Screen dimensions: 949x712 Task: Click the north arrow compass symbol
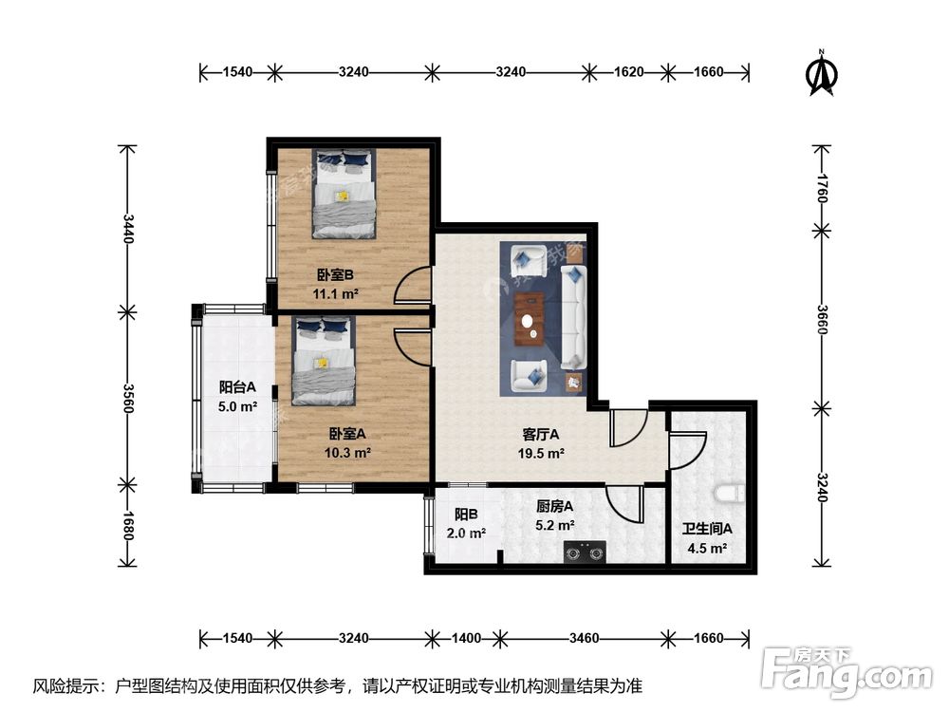[821, 73]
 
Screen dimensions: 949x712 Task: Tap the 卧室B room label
[335, 275]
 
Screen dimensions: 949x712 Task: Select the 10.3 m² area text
[347, 452]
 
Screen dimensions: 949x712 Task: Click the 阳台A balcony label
[237, 387]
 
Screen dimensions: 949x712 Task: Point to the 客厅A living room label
[541, 434]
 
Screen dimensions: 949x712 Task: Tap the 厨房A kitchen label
[554, 506]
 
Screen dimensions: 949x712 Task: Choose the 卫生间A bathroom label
[707, 529]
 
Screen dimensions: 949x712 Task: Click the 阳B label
[466, 515]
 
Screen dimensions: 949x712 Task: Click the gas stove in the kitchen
[585, 552]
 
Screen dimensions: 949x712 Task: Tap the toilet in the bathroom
[731, 494]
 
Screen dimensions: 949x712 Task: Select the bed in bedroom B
[344, 193]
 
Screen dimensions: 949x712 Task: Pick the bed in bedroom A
[324, 360]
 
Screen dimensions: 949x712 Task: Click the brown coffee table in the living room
[529, 319]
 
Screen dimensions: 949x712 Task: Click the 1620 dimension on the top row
[629, 72]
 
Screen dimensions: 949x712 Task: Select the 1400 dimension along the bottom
[466, 638]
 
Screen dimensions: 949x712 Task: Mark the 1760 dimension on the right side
[821, 188]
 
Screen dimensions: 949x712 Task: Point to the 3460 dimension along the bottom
[584, 638]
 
